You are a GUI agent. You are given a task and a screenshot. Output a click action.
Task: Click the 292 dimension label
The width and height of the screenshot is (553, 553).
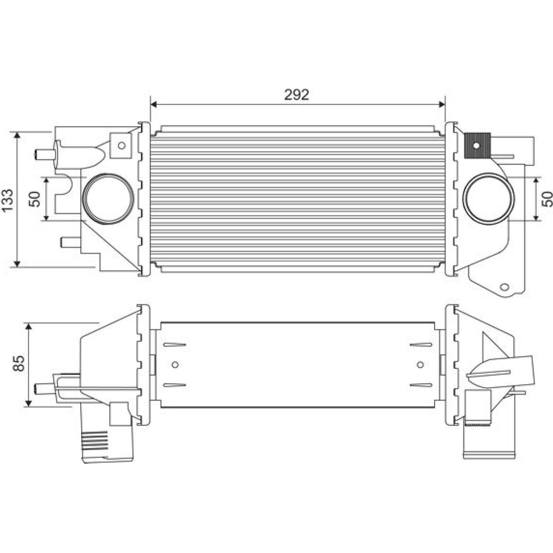click(x=297, y=95)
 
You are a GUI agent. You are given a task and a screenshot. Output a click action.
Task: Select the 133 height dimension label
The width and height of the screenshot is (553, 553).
click(x=7, y=200)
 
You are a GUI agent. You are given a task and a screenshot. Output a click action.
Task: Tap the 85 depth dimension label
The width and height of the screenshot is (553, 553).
click(x=19, y=363)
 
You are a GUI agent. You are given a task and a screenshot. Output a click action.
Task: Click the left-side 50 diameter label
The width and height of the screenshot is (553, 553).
click(x=35, y=199)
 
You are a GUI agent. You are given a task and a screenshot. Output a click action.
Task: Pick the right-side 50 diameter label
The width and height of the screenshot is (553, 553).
click(x=547, y=199)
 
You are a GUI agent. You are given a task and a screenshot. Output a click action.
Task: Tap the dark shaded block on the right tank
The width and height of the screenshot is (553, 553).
click(x=477, y=145)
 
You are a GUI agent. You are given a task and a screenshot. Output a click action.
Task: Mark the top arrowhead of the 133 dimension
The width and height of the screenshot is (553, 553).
click(x=17, y=135)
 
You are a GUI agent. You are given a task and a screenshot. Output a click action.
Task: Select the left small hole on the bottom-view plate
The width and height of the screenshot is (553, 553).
click(x=175, y=364)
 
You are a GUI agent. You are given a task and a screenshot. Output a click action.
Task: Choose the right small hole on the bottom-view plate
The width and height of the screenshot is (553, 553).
click(x=421, y=364)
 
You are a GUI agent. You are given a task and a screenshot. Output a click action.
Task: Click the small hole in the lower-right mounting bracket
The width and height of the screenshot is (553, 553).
click(x=505, y=287)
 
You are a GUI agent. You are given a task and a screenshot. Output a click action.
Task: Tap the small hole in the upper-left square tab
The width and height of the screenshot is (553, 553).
click(x=121, y=146)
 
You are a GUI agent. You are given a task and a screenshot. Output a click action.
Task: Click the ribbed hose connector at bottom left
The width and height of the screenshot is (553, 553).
click(x=107, y=446)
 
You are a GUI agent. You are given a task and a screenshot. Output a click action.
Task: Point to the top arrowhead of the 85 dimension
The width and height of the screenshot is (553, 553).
click(x=29, y=327)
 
